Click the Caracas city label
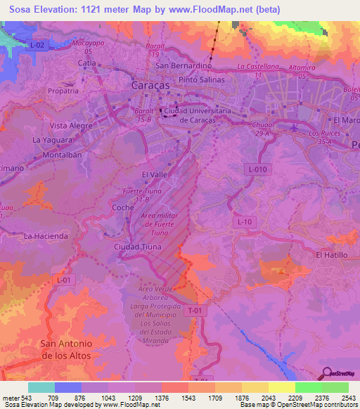coord(150,84)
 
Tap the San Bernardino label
coord(184,65)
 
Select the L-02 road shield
coord(37,45)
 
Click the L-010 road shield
coord(257,169)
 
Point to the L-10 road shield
coord(245,222)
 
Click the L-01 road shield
coord(63,280)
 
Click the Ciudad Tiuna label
coord(137,247)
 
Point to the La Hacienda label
coord(46,236)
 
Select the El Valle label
coord(154,174)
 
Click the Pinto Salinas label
coord(202,79)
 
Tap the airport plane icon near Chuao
coord(293,127)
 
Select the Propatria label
coord(63,91)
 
